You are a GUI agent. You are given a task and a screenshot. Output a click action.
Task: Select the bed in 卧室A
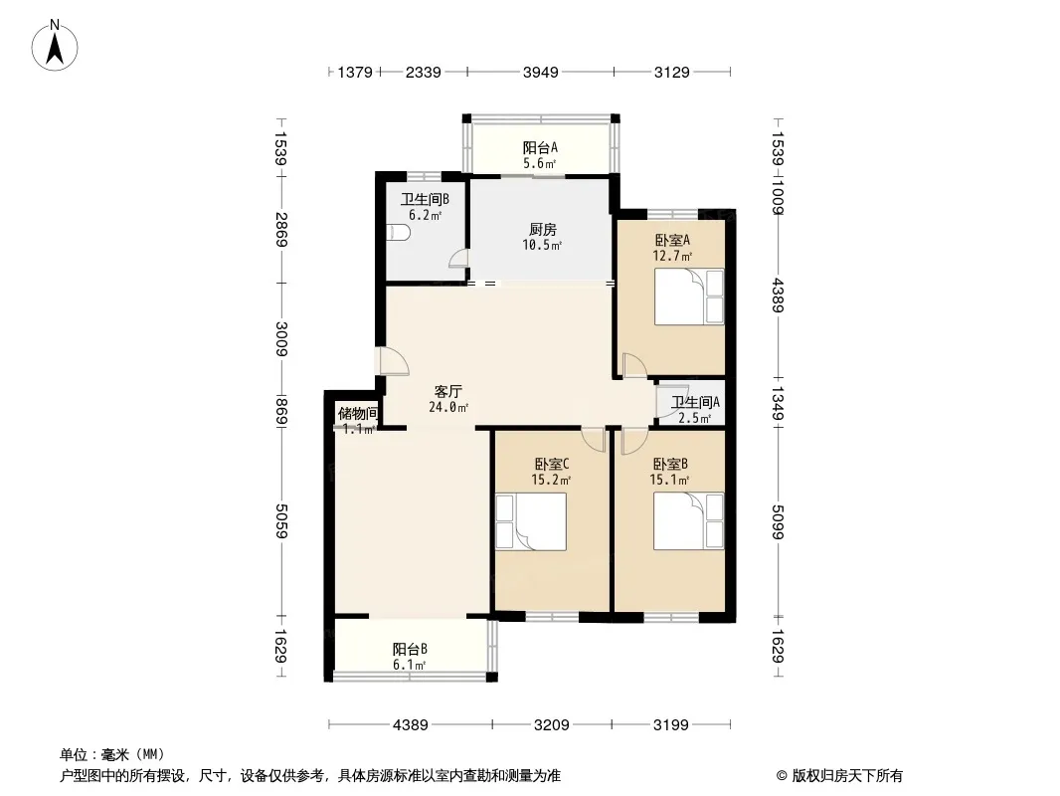click(x=689, y=297)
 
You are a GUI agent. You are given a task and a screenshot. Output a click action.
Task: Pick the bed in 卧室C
click(x=531, y=521)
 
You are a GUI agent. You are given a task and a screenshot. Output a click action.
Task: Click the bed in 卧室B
click(x=689, y=520)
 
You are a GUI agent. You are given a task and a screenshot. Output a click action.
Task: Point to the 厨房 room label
click(x=542, y=230)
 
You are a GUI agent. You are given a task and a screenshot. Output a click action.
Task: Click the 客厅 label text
click(x=447, y=392)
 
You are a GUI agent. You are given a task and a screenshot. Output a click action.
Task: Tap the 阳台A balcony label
click(x=540, y=147)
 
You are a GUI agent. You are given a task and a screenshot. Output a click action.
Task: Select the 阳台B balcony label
click(x=410, y=650)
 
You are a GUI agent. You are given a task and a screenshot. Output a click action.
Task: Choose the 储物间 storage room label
click(x=358, y=413)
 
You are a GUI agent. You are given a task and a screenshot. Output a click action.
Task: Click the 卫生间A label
click(x=695, y=402)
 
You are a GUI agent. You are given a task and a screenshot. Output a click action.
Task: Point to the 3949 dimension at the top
click(x=541, y=72)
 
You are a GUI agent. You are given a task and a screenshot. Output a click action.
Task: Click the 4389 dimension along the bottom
click(x=411, y=725)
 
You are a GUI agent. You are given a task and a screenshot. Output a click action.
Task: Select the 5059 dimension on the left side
click(x=281, y=521)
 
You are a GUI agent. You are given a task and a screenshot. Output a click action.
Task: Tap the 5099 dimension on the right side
click(x=778, y=522)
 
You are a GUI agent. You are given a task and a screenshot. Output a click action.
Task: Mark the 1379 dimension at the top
click(x=355, y=72)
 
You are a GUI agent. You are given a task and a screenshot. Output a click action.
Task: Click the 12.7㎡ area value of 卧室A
click(x=672, y=256)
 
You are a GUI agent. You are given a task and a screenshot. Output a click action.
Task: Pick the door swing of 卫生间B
click(x=459, y=259)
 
